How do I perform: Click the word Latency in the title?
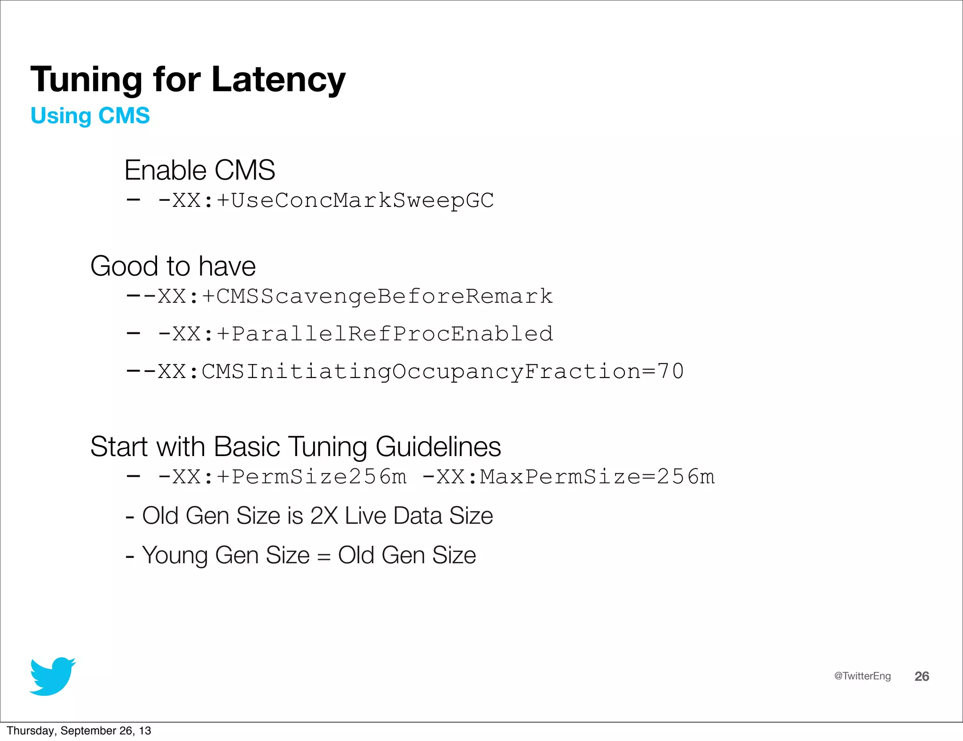(x=278, y=80)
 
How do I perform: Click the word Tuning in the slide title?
(x=87, y=80)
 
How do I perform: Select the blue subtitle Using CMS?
(x=90, y=116)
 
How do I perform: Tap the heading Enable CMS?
(x=199, y=170)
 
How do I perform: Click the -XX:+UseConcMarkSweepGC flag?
(x=326, y=201)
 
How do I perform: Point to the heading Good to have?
(x=173, y=266)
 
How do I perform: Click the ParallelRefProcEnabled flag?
(x=392, y=334)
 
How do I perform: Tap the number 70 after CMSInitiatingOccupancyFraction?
(x=671, y=372)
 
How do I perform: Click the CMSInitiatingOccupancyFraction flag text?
(x=421, y=372)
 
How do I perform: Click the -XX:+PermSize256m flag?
(x=283, y=477)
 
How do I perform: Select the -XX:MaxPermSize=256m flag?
(x=568, y=477)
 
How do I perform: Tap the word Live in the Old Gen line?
(x=366, y=516)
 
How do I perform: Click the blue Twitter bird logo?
(x=53, y=676)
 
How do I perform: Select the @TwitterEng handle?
(x=862, y=676)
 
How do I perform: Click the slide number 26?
(x=922, y=677)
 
